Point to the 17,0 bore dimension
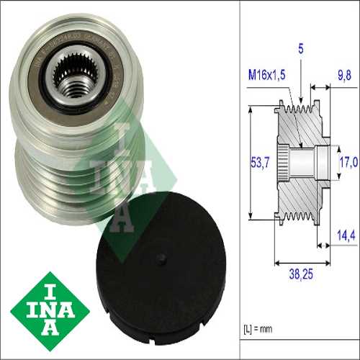(x=348, y=163)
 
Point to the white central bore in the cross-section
(x=306, y=163)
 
